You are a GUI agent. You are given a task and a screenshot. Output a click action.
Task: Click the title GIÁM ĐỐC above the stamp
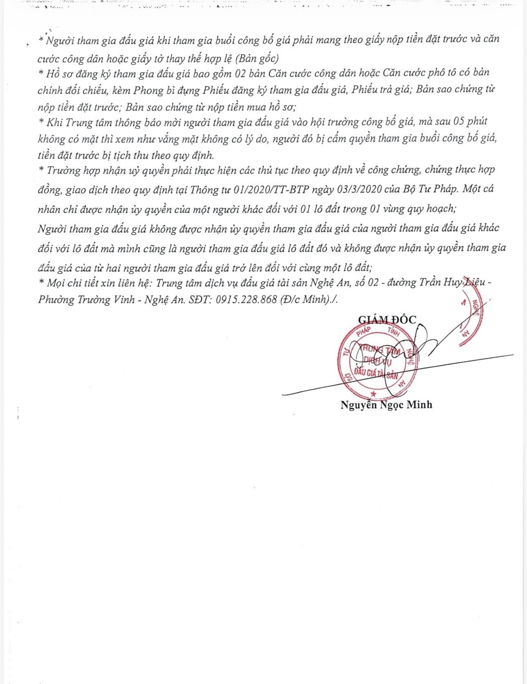tap(387, 320)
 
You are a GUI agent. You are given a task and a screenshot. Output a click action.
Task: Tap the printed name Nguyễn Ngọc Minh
tap(386, 405)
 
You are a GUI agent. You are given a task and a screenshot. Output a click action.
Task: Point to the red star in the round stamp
tap(373, 393)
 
